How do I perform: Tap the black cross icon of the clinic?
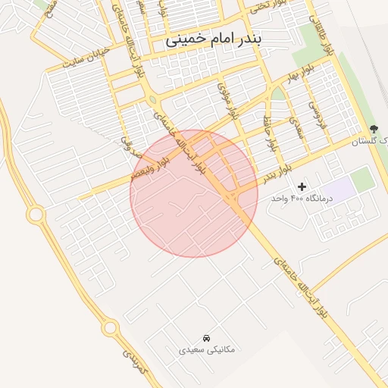point(302,186)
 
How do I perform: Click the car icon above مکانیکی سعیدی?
point(207,337)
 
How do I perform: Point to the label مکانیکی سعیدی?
point(207,349)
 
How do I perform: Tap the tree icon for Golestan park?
point(373,129)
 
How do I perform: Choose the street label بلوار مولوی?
point(227,100)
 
